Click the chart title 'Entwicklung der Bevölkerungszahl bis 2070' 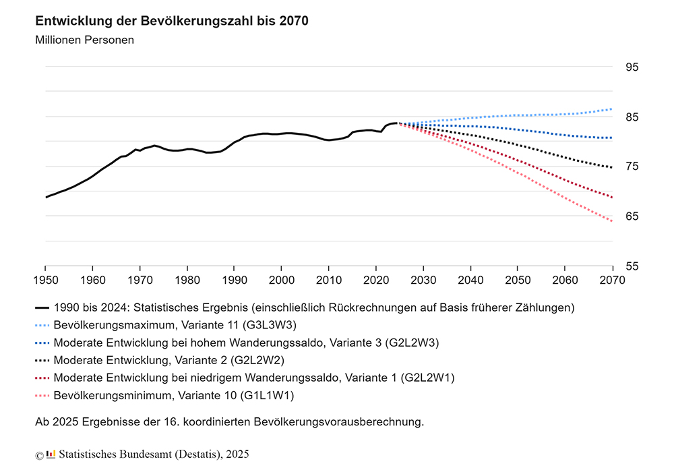[172, 21]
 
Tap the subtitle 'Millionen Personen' [84, 40]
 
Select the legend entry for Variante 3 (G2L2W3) [246, 343]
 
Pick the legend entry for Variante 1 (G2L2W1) [253, 378]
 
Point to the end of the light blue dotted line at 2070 [611, 109]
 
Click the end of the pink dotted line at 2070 [611, 220]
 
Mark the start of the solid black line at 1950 [46, 197]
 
